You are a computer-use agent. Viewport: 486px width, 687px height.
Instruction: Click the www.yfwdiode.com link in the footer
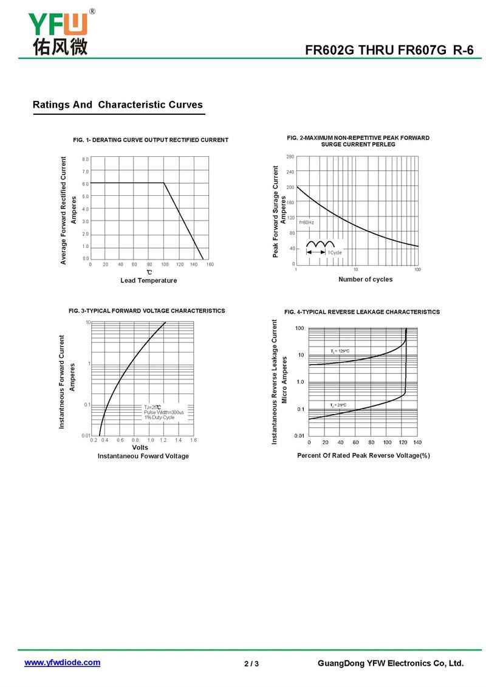[62, 663]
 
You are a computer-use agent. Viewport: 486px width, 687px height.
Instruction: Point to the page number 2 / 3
[252, 664]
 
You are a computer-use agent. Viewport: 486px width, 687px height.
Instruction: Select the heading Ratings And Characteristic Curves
[118, 105]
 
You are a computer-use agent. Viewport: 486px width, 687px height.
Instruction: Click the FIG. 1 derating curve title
[151, 140]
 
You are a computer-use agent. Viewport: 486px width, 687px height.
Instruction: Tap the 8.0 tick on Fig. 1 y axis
[85, 159]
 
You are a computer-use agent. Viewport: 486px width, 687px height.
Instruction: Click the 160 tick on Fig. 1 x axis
[210, 264]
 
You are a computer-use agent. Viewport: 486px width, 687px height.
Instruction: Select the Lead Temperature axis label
[149, 280]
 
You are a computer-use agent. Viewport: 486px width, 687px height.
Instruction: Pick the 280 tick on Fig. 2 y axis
[290, 156]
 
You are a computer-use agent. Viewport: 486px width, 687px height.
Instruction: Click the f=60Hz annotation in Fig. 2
[307, 223]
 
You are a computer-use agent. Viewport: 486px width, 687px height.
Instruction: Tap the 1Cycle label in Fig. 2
[335, 252]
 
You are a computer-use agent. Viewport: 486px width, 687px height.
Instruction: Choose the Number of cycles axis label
[366, 279]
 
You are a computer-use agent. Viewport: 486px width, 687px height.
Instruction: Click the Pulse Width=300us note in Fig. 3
[164, 412]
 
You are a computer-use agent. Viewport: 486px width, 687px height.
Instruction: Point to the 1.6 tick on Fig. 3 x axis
[193, 440]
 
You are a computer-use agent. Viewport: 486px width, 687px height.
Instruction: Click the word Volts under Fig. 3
[140, 447]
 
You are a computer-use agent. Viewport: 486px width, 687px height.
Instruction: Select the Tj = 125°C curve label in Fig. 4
[340, 351]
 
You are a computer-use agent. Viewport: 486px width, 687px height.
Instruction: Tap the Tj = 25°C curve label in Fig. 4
[338, 406]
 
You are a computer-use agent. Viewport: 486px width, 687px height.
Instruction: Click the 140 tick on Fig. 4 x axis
[417, 442]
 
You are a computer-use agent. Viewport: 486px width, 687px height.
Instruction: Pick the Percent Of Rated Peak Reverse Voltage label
[363, 455]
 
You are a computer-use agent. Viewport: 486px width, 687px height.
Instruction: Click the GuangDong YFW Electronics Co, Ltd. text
[391, 663]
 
